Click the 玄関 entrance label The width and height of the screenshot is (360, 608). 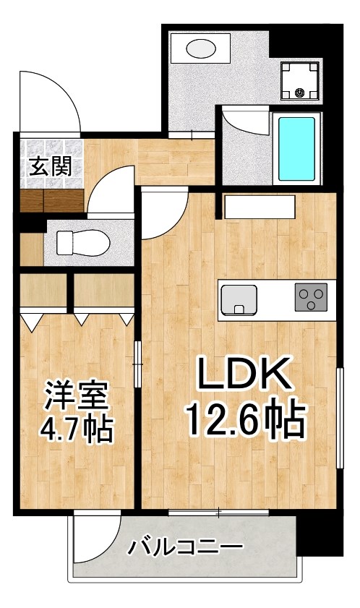pos(50,167)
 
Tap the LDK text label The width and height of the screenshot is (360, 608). pos(244,374)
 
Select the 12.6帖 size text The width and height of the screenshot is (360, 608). pos(244,419)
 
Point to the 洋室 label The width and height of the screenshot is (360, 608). pos(76,396)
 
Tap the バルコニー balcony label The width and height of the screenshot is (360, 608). pos(185,547)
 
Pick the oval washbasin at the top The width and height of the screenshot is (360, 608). pos(202,49)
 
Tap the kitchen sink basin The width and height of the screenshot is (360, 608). pos(239,299)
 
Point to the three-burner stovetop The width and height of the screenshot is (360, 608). pos(311,298)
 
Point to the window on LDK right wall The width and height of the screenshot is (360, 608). pos(339,419)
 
